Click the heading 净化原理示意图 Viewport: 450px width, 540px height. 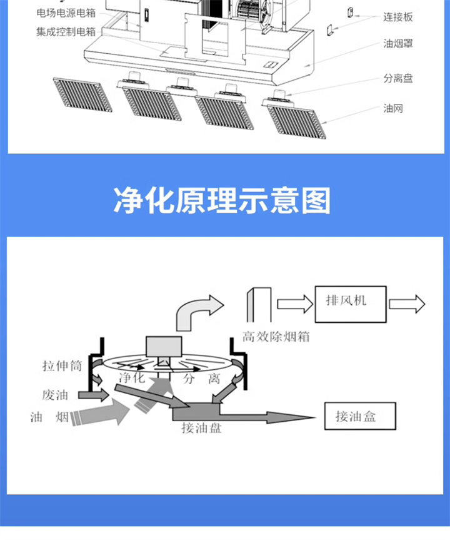[222, 201]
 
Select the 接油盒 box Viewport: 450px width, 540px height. [359, 415]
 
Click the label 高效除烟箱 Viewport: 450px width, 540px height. [275, 337]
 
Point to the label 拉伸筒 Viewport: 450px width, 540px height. [62, 367]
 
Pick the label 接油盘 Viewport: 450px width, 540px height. [201, 429]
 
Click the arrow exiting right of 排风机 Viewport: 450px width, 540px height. [406, 304]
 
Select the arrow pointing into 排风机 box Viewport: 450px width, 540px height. [294, 304]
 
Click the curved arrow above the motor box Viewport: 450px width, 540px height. [199, 312]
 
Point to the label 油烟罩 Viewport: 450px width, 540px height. [398, 44]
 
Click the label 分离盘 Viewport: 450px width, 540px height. [398, 79]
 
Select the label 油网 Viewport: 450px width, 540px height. [393, 108]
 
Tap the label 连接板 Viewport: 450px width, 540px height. [398, 18]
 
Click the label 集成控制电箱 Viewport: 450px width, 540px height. [66, 31]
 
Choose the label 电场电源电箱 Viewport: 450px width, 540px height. [66, 13]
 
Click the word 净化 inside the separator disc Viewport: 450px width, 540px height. [131, 377]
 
